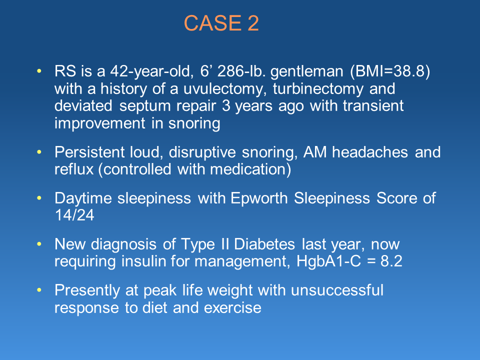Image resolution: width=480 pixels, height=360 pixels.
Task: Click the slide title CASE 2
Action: coord(221,23)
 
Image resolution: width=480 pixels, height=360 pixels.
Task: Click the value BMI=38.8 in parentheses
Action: coord(390,71)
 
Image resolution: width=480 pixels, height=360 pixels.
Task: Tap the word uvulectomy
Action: coord(223,89)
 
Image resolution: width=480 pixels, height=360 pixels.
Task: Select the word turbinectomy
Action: coord(318,89)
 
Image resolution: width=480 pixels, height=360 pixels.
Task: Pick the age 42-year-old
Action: coord(151,71)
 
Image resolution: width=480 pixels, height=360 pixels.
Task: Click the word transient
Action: coord(373,106)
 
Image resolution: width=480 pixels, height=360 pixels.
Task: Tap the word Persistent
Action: coord(89,152)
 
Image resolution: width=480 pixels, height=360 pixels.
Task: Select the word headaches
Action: coord(370,152)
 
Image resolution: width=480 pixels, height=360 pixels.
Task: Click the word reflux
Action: coord(74,169)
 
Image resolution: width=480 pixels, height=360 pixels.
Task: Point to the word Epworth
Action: coord(259,198)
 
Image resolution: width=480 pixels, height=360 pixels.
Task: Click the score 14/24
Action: coord(74,215)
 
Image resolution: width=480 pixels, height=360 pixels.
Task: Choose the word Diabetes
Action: coord(264,244)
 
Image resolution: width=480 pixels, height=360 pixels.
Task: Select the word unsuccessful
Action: coord(337,290)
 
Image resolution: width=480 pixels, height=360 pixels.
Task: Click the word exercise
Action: coord(232,307)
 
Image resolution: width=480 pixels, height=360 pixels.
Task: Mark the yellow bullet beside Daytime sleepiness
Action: coord(39,198)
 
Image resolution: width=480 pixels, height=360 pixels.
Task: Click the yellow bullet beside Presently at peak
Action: coord(39,290)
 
